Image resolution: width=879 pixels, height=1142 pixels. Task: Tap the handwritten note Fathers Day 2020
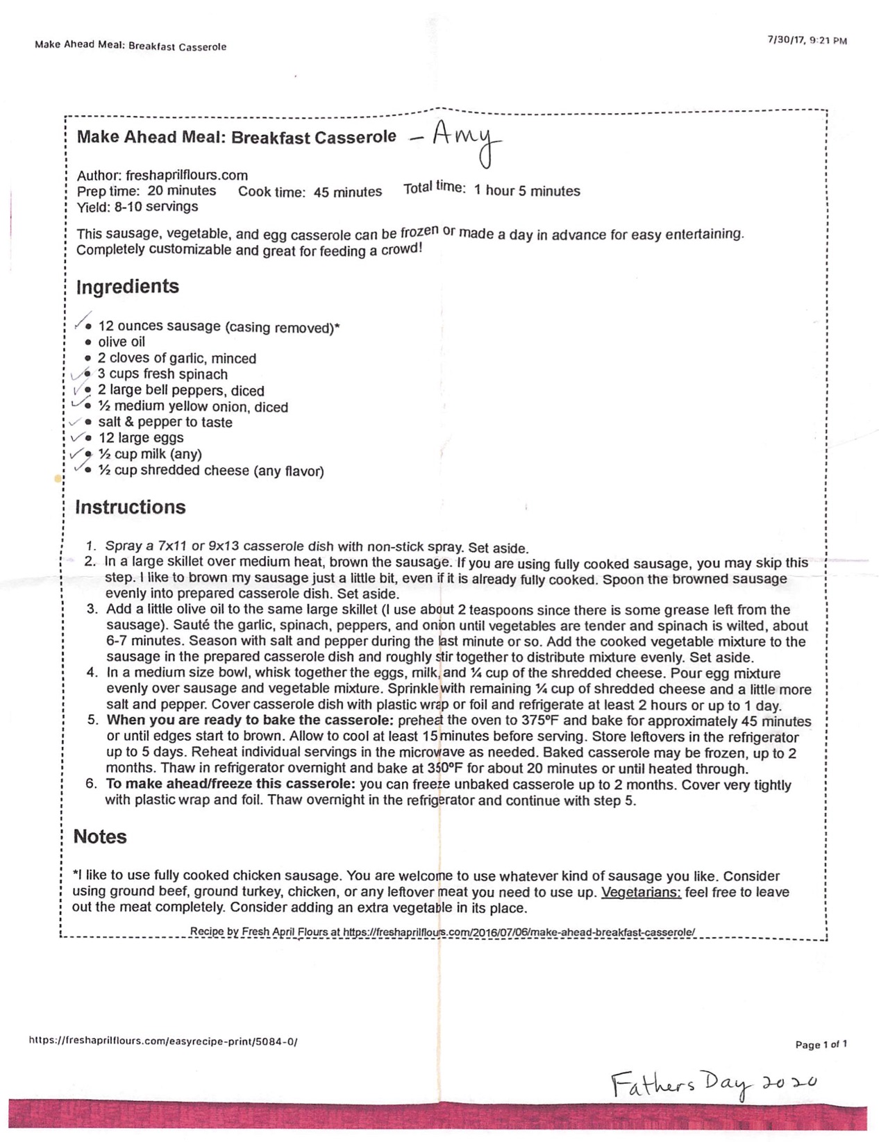click(713, 1084)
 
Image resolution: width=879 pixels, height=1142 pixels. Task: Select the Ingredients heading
click(128, 287)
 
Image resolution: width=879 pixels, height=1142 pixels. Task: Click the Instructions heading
click(131, 507)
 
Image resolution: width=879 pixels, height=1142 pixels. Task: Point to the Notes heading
click(100, 837)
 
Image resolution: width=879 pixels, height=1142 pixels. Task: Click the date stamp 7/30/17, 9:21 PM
click(807, 40)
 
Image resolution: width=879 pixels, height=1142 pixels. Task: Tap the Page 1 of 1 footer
click(821, 1044)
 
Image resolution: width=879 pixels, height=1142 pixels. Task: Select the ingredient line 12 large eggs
click(141, 438)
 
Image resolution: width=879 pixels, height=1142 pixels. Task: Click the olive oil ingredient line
click(122, 342)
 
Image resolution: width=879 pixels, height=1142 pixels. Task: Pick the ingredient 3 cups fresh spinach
click(162, 374)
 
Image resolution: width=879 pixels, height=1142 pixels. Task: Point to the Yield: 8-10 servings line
click(137, 207)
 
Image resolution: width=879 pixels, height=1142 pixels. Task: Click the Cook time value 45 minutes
click(347, 192)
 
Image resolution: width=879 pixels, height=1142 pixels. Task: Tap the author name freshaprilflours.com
click(187, 176)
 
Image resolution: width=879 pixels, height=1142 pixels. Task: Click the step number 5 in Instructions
click(93, 720)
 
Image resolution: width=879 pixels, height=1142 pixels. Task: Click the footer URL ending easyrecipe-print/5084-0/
click(163, 1041)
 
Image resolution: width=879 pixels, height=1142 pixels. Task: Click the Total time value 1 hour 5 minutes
click(527, 191)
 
